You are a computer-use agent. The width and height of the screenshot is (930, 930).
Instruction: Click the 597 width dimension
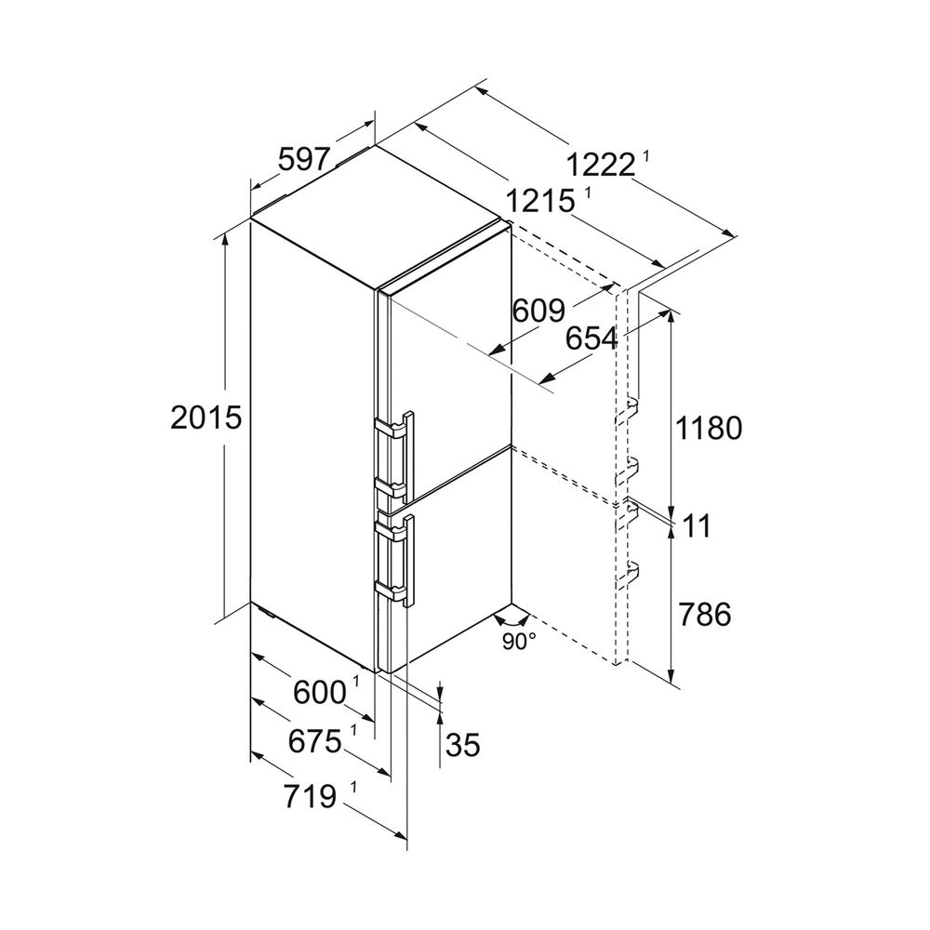pos(303,160)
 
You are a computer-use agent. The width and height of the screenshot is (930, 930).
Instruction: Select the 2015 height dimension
pos(206,417)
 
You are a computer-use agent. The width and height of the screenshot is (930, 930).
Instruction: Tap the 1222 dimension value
pos(600,165)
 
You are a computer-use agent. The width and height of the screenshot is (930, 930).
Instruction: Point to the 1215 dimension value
pos(540,202)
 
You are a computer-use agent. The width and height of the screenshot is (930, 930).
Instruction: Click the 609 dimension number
pos(539,311)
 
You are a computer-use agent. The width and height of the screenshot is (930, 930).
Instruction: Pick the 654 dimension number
pos(591,339)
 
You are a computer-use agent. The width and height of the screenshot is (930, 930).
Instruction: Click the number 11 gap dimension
pos(697,525)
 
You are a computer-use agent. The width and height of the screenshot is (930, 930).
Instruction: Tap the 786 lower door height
pos(705,615)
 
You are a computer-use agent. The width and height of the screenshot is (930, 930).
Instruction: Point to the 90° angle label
pos(519,641)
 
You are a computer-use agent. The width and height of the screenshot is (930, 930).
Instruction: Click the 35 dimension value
pos(463,744)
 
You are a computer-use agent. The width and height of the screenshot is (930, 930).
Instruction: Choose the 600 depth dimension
pos(319,692)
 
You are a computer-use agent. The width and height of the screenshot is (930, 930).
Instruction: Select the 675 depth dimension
pos(315,741)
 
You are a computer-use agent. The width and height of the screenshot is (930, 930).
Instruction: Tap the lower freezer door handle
pos(396,561)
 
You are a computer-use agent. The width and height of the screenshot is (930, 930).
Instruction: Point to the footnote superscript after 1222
pos(645,157)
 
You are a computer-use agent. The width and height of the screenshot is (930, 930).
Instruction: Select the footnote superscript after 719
pos(353,789)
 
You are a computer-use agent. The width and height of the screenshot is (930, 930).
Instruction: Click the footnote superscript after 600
pos(356,682)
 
